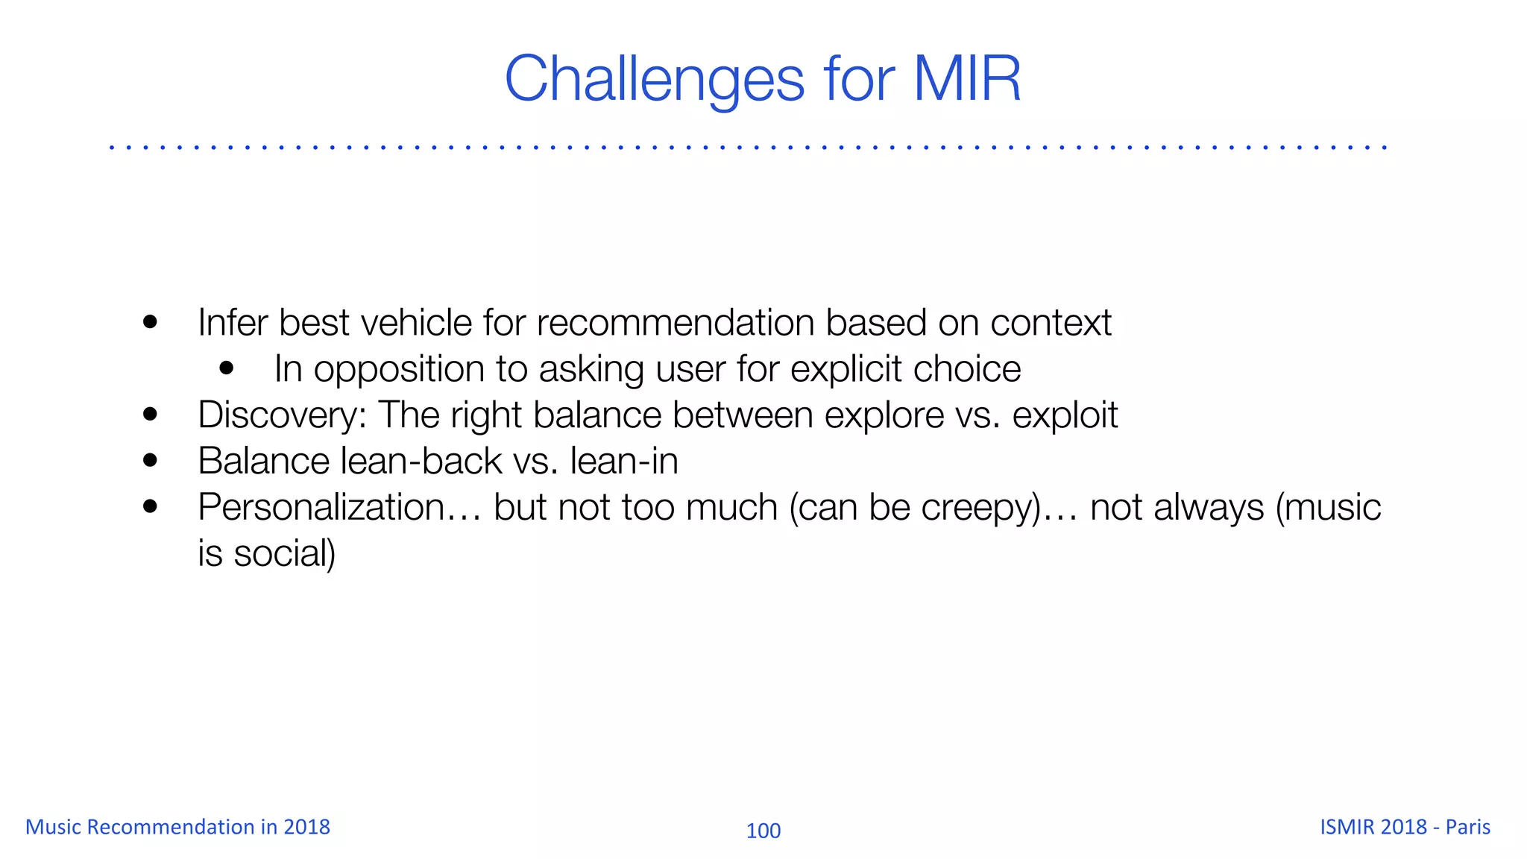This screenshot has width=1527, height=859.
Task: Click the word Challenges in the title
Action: coord(655,79)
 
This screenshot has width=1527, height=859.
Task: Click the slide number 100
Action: coord(763,831)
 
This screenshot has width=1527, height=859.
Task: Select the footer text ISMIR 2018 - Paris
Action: coord(1405,827)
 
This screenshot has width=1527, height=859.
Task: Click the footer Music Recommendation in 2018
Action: coord(177,827)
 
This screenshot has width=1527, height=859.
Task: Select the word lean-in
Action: coord(624,461)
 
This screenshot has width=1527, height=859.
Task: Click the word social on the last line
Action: coord(284,553)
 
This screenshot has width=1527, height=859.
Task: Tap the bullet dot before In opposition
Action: coord(227,368)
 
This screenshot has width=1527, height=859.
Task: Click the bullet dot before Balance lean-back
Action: coord(151,460)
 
